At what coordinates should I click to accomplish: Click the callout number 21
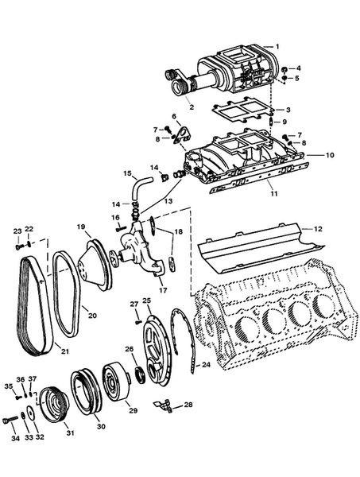(65, 351)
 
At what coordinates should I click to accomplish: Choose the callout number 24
(206, 365)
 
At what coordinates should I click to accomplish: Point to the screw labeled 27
(138, 320)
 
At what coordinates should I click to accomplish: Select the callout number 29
(133, 410)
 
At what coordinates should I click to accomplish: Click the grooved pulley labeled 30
(88, 393)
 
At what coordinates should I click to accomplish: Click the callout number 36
(21, 379)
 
